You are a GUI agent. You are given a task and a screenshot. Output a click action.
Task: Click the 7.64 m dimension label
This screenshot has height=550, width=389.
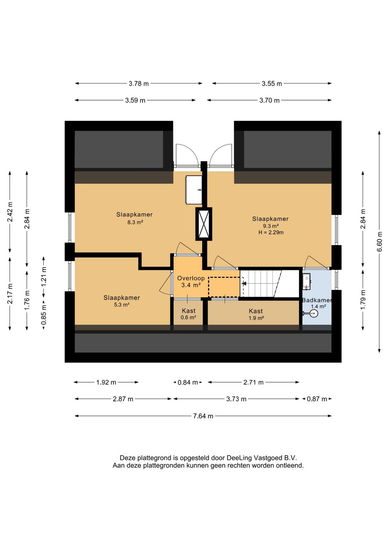coord(203,416)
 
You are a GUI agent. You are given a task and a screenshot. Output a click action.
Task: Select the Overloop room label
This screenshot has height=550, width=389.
coord(191,278)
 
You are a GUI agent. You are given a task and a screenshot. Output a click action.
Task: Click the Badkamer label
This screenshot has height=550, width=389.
coord(317,300)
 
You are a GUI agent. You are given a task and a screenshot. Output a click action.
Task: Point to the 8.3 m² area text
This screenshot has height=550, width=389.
coord(135,222)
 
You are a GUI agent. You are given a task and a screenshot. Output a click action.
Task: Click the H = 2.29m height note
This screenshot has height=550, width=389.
coord(271,232)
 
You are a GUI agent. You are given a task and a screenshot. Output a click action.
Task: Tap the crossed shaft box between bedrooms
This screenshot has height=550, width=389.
coord(204,224)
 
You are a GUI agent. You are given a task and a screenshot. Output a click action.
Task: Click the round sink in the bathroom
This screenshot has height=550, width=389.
coord(313,313)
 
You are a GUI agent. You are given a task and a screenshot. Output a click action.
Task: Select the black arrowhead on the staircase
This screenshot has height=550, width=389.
coord(244,284)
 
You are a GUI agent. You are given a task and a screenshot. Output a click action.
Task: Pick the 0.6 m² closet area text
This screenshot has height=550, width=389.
coord(188,318)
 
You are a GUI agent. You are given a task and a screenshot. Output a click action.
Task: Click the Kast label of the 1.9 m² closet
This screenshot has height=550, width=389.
coord(256,311)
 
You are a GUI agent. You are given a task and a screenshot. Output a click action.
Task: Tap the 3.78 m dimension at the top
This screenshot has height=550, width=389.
coord(139,84)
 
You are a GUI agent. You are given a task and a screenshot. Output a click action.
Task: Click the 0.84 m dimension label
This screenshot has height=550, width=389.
coord(188,382)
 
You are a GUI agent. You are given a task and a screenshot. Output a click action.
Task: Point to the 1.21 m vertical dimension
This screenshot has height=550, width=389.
coord(44,276)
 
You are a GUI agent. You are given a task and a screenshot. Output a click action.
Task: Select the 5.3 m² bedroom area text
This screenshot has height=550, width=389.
coord(121,305)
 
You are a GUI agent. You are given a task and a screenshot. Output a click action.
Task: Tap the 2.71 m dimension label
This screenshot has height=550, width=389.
coord(254,382)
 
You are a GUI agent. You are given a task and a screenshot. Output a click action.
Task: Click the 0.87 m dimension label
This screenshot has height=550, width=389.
coord(317,399)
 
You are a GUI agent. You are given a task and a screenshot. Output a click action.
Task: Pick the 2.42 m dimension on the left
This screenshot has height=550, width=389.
coord(10,212)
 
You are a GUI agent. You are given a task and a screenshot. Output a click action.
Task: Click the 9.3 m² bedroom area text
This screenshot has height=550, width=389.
coord(270,226)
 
